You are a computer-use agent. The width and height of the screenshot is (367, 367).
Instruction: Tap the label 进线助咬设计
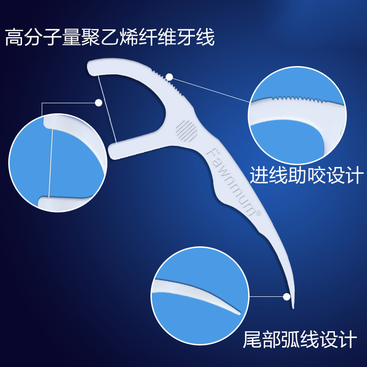[x=306, y=175]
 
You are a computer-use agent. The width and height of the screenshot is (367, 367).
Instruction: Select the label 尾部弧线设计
[x=300, y=340]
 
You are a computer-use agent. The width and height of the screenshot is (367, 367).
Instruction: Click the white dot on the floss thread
[x=99, y=103]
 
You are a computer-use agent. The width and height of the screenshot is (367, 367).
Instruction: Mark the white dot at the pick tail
[x=288, y=296]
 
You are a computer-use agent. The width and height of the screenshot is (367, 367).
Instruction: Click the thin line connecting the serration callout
[x=211, y=89]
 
